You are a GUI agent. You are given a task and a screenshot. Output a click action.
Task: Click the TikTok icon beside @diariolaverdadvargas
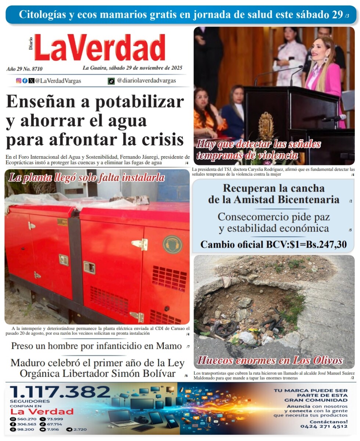[111, 81]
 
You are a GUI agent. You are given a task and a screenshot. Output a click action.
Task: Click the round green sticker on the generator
[172, 244]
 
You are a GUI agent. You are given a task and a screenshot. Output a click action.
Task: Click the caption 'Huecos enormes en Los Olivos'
[270, 360]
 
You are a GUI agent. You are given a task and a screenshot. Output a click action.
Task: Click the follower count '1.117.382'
[60, 392]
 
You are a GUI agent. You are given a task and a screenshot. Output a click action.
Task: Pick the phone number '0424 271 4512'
[324, 426]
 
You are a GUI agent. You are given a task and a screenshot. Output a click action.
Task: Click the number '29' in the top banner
[337, 15]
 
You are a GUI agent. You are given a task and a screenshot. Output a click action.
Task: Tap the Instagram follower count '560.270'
[27, 419]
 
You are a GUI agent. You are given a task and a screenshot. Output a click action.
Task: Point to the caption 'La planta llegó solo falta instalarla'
[86, 178]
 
